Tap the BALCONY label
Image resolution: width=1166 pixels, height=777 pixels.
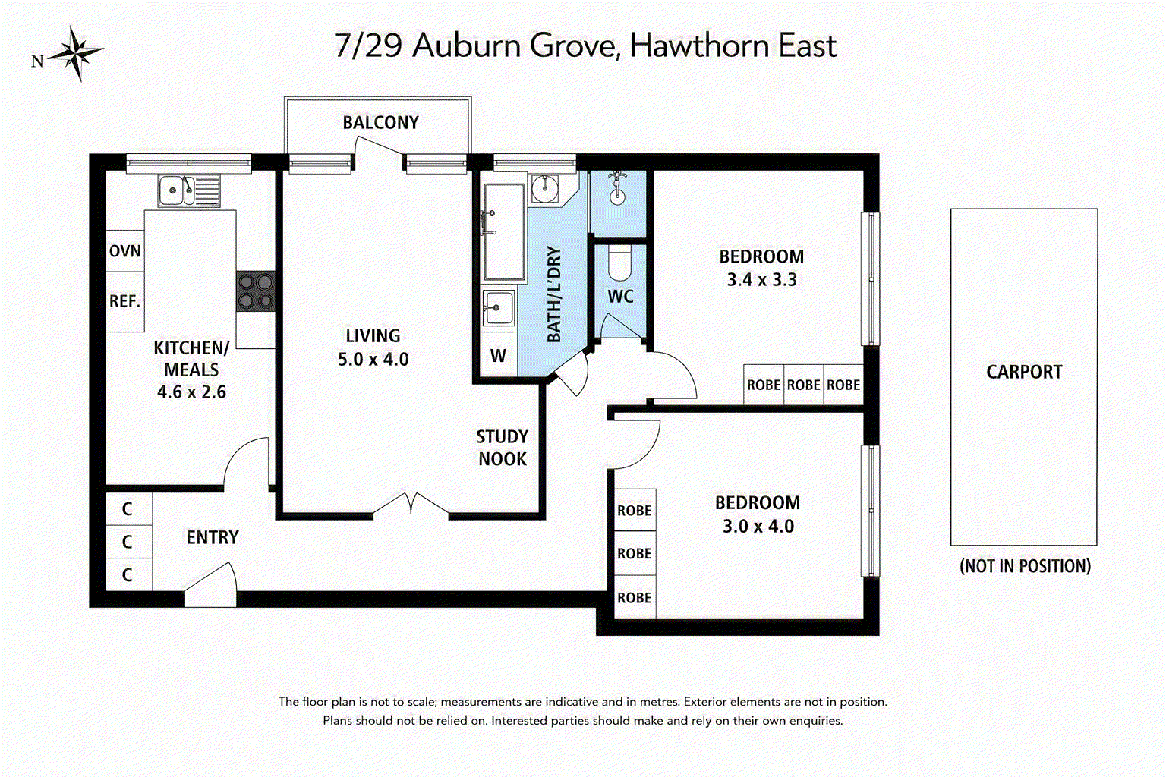tap(380, 123)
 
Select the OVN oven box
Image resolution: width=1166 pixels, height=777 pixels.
tap(125, 251)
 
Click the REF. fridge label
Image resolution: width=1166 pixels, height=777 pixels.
tap(125, 300)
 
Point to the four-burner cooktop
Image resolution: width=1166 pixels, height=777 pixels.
tap(256, 291)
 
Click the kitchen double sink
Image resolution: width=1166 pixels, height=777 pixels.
tap(188, 190)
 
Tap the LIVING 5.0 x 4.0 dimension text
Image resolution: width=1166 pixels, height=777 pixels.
tap(373, 359)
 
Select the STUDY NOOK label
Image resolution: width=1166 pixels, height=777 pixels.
tap(503, 448)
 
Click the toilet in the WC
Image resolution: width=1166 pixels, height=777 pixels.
tap(619, 263)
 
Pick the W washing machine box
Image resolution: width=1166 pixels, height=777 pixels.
tap(498, 355)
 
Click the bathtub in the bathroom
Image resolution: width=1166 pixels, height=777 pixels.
tap(504, 232)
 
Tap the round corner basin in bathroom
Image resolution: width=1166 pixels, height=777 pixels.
tap(545, 187)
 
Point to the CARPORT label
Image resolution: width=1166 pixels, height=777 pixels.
tap(1024, 372)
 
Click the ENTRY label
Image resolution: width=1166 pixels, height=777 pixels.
tap(213, 537)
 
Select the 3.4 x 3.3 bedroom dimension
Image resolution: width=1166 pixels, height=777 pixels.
tap(761, 280)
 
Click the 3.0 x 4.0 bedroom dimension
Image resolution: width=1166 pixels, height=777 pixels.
tap(758, 526)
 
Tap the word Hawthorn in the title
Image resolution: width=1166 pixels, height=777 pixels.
tap(699, 46)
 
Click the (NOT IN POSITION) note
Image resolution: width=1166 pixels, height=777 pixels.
tap(1025, 566)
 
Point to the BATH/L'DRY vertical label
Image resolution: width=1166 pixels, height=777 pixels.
tap(554, 294)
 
